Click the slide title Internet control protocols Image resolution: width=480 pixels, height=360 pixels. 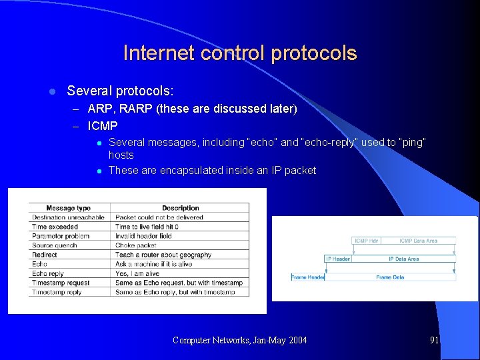240,53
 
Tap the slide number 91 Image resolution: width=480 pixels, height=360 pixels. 435,340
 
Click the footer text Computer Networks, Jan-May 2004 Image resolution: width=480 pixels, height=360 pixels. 240,341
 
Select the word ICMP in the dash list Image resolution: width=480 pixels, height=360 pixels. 103,125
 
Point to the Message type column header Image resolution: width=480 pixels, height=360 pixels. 69,208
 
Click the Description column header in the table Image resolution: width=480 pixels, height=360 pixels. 180,208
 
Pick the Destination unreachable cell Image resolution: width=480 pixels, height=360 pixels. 68,217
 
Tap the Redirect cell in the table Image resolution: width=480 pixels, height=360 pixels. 45,255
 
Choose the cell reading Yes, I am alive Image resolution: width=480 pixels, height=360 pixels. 139,273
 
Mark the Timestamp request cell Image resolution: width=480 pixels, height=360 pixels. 61,283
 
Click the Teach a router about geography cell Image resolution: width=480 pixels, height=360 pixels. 163,255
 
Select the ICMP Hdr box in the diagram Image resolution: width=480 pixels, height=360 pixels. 367,241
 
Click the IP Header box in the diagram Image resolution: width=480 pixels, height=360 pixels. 338,259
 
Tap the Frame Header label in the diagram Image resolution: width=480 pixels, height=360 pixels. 307,277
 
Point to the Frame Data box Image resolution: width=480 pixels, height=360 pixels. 390,277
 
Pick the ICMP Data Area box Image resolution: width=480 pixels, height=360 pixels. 419,241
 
